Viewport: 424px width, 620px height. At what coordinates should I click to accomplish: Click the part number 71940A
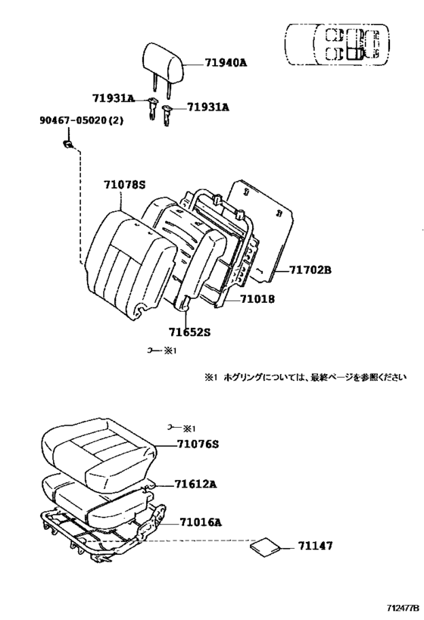coord(226,64)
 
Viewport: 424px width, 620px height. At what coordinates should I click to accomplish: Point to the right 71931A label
coord(208,107)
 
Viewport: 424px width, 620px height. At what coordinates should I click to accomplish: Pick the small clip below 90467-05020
coord(68,145)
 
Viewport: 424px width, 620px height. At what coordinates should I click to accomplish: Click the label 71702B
coord(310,269)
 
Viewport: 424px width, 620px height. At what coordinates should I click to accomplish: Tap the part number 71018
coord(257,299)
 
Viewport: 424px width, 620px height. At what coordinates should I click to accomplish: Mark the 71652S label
coord(190,331)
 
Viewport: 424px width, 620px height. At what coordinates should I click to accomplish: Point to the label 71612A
coord(196,484)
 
